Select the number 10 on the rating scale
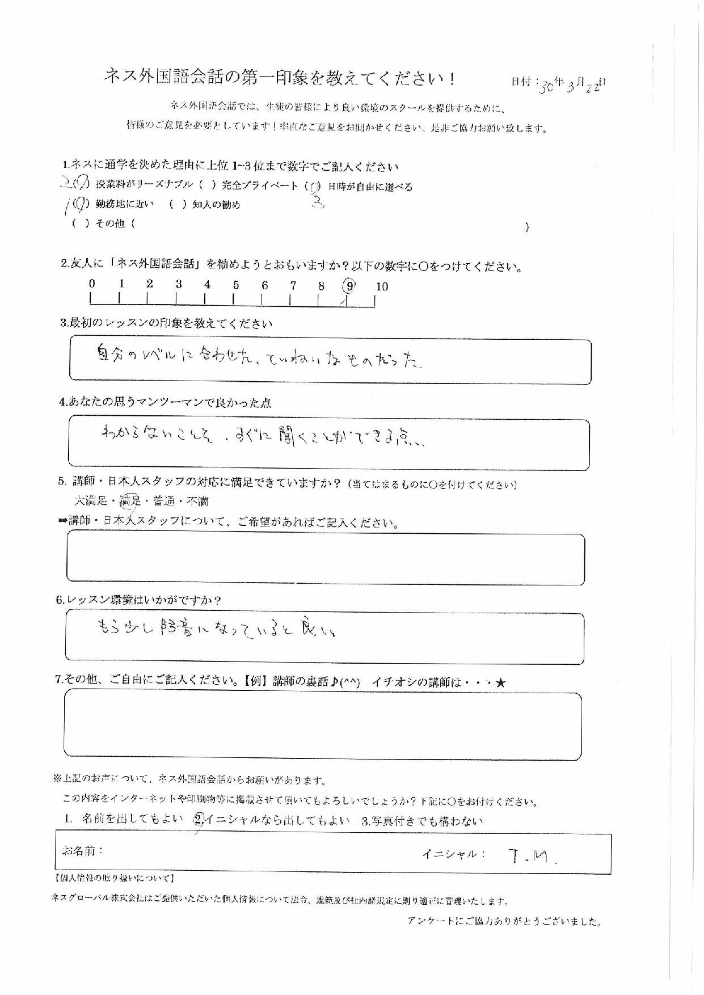(382, 286)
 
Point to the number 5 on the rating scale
(236, 285)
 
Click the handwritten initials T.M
(530, 857)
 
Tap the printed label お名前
(82, 851)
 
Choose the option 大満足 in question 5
(90, 501)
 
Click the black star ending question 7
(500, 683)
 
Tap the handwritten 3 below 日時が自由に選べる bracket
(318, 203)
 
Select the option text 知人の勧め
(216, 205)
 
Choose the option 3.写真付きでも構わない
(422, 821)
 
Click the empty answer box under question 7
(323, 726)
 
